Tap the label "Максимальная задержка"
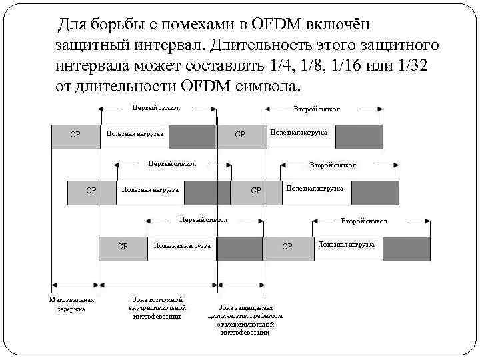tap(72, 304)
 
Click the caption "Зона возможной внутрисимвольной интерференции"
tap(157, 307)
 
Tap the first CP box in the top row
tap(75, 135)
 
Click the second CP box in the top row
tap(241, 135)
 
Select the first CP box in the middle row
tap(91, 191)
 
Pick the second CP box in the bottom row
tap(287, 247)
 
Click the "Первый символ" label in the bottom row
tap(203, 219)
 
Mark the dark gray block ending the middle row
tap(375, 192)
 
